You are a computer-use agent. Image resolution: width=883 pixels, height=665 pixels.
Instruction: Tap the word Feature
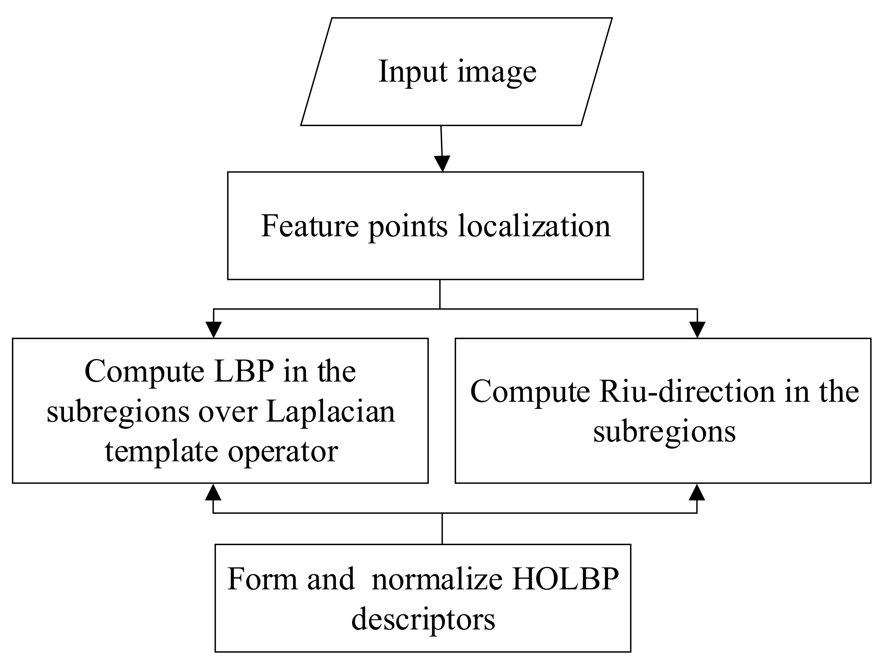coord(310,226)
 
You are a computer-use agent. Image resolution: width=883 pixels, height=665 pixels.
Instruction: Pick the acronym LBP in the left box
coord(244,371)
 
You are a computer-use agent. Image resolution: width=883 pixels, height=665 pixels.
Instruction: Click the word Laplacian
coord(330,412)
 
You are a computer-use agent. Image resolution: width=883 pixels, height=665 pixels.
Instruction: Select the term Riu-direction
coord(687,392)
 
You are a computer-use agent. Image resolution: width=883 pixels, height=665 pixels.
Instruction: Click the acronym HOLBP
coord(566,580)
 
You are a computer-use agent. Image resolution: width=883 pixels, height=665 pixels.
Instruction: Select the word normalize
coord(437,580)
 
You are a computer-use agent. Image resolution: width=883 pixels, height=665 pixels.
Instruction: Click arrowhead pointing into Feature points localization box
coord(442,164)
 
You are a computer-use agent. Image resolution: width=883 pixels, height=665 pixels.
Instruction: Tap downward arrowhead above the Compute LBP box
coord(214,330)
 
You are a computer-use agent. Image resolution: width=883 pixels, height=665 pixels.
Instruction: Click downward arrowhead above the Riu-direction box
coord(697,330)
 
